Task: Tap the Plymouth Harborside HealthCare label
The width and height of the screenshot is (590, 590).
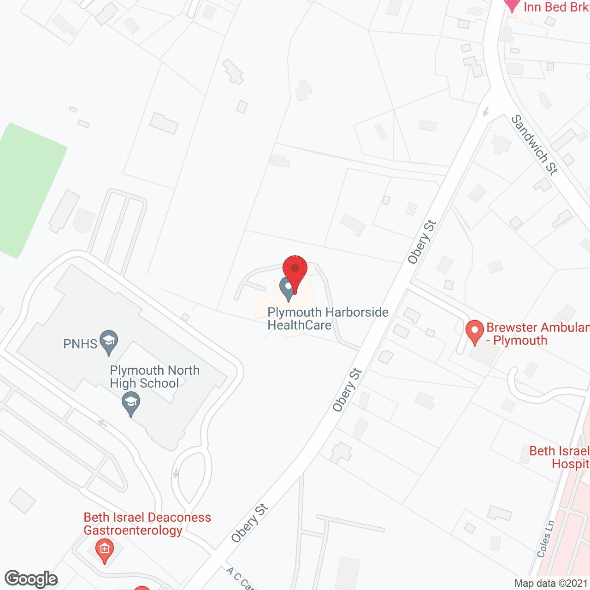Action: (x=328, y=319)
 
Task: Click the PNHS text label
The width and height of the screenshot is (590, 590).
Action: (x=80, y=344)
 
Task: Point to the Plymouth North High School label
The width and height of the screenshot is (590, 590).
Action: (x=154, y=377)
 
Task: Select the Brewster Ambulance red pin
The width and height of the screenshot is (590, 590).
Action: (x=474, y=332)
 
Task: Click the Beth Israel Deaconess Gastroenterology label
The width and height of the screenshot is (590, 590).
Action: (x=147, y=524)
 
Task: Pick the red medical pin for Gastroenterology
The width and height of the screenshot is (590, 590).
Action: (x=105, y=550)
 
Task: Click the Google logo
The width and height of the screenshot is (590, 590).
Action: (x=31, y=579)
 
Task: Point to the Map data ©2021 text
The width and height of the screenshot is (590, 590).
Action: (x=551, y=583)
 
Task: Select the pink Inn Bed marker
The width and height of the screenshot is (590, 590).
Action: (x=512, y=6)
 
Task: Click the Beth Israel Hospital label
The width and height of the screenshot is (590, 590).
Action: (x=560, y=457)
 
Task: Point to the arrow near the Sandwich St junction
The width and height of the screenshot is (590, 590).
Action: (x=485, y=112)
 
